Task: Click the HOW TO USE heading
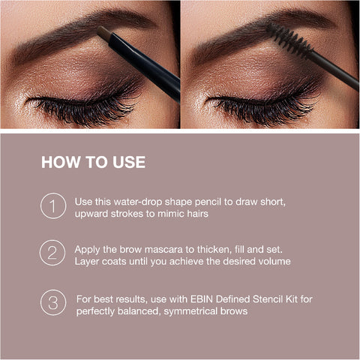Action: click(x=93, y=162)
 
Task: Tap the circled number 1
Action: click(x=53, y=206)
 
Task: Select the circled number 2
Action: click(x=53, y=253)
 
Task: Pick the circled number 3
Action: click(x=53, y=302)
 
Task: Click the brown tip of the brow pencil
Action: click(x=103, y=32)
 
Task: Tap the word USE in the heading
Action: click(x=127, y=162)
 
